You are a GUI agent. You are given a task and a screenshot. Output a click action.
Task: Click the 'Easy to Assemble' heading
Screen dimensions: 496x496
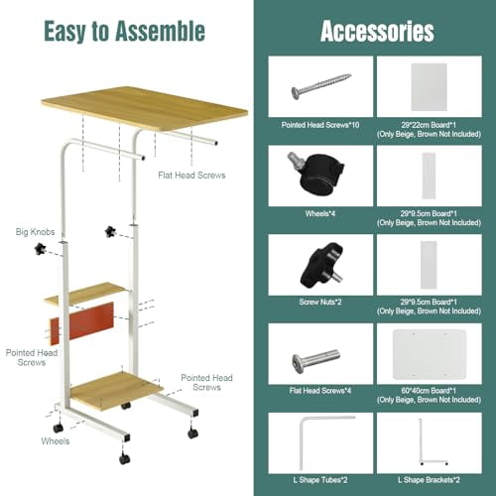(x=124, y=32)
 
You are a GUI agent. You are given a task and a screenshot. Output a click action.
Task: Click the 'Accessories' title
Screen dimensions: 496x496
(x=377, y=31)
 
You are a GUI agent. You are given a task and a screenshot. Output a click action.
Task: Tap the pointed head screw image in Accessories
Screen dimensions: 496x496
(x=320, y=86)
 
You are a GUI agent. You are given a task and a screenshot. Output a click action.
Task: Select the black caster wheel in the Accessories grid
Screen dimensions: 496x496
(x=316, y=173)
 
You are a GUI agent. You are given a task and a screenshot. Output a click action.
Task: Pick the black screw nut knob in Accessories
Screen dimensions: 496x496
(x=321, y=266)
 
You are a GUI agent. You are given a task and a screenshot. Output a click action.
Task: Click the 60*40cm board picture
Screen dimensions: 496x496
(x=430, y=354)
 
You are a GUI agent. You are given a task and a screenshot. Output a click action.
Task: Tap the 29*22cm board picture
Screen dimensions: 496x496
(x=429, y=87)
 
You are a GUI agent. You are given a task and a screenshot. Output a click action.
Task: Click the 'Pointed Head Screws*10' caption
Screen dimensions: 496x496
(x=320, y=125)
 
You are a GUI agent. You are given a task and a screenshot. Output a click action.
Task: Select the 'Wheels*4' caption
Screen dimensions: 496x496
(x=320, y=213)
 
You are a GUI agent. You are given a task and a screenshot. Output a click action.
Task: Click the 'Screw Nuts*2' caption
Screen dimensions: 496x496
(x=320, y=302)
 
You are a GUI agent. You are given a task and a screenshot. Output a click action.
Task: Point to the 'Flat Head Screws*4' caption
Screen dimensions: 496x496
(x=320, y=391)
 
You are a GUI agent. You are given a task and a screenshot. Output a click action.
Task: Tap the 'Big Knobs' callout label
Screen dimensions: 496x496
(x=36, y=232)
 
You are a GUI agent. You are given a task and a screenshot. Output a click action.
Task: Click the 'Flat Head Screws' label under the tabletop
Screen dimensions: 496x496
(x=191, y=176)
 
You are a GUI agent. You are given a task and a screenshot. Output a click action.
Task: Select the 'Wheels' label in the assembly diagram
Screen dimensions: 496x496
(x=56, y=441)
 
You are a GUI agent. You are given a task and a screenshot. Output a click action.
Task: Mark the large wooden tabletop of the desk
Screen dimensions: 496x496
(x=145, y=108)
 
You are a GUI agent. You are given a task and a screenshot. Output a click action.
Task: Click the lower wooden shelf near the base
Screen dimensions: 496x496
(x=116, y=390)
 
